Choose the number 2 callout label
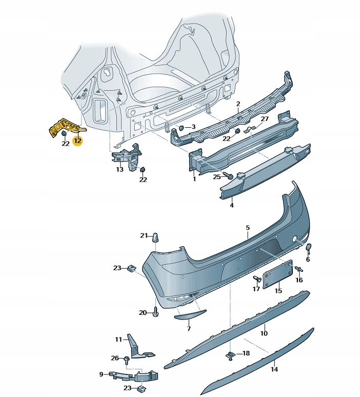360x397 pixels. [238, 104]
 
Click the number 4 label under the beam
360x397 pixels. [232, 205]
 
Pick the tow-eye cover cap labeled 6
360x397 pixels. [309, 248]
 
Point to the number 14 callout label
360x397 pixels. [274, 369]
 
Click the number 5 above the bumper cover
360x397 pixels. [247, 227]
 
